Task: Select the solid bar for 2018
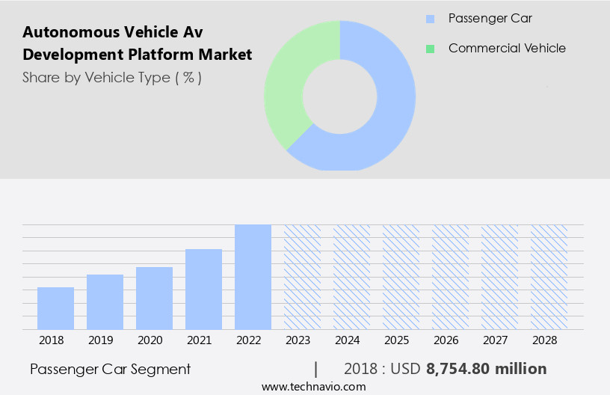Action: [55, 308]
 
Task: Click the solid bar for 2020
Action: [154, 298]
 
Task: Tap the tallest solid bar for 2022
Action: [253, 277]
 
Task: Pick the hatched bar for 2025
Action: [401, 277]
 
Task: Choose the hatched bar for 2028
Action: [549, 277]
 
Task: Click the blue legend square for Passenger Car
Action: [430, 19]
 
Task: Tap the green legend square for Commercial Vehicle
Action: [430, 49]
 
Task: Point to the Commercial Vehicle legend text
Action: [507, 49]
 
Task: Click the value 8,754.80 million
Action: [486, 369]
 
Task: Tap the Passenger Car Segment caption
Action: [111, 369]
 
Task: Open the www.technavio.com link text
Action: [313, 387]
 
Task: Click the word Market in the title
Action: [227, 55]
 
